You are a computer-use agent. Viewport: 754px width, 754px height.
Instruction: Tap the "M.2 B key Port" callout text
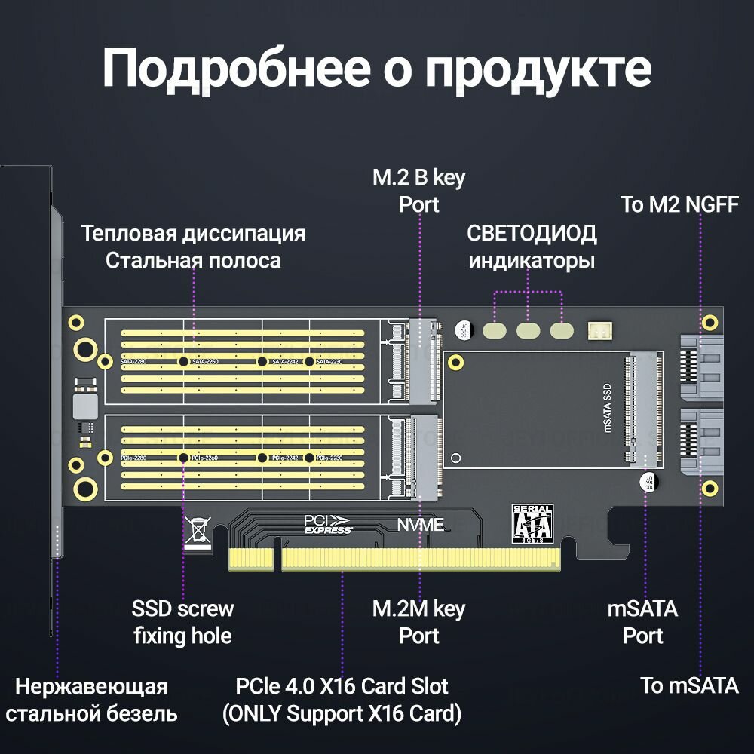click(x=419, y=192)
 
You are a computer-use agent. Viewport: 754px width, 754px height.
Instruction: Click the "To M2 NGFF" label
click(x=679, y=204)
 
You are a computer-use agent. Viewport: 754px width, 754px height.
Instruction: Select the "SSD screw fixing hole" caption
click(x=182, y=622)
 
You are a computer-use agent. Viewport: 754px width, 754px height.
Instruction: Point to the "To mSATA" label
click(x=689, y=685)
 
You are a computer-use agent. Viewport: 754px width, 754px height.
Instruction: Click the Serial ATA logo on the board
click(x=532, y=523)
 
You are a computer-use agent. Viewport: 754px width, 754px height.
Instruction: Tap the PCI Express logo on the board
click(x=328, y=524)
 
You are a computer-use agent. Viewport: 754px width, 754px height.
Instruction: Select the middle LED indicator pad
click(x=529, y=330)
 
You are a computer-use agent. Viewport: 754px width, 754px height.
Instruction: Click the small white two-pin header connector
click(x=601, y=330)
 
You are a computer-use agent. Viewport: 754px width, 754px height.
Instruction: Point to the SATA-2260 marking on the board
click(x=209, y=362)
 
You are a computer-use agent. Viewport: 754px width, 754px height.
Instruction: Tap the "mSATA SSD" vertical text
click(x=608, y=406)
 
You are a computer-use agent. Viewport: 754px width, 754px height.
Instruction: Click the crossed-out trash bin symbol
click(x=198, y=530)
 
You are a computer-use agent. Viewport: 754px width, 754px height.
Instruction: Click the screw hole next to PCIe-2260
click(x=183, y=458)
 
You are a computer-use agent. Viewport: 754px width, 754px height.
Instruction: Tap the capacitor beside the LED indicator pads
click(x=464, y=329)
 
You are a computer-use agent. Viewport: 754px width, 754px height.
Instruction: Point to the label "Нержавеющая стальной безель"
click(x=91, y=700)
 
